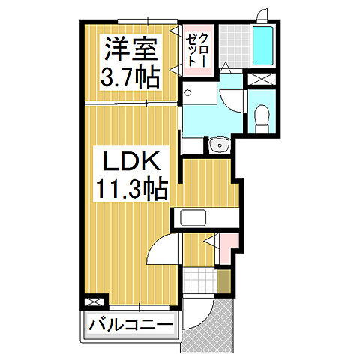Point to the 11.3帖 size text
[129, 187]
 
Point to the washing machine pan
[194, 94]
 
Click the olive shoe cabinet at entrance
[224, 281]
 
